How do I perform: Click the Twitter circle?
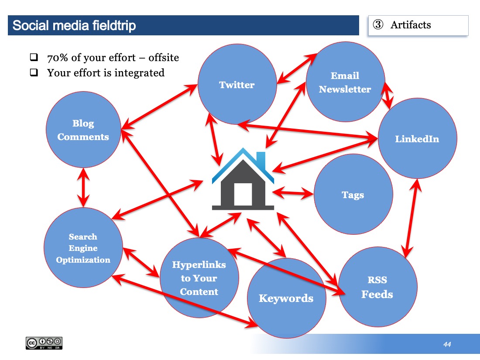coord(237,84)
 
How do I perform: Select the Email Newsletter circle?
coord(345,82)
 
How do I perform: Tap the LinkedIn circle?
coord(417,138)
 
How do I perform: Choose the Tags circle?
coord(353,194)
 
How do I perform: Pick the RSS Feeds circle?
coord(377,287)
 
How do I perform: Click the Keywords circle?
coord(287,298)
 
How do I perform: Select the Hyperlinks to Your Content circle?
coord(199,278)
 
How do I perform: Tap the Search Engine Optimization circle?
coord(83,248)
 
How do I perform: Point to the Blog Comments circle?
coord(83,130)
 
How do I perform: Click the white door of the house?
coord(243,194)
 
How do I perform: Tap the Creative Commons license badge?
coord(44,343)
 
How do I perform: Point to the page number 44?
coord(447,344)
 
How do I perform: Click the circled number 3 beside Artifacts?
coord(378,24)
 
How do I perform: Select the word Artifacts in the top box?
coord(411,25)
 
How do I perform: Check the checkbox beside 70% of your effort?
coord(34,57)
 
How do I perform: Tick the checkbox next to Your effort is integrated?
coord(34,72)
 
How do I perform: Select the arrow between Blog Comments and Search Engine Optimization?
coord(83,188)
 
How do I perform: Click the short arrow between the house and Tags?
coord(293,193)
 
